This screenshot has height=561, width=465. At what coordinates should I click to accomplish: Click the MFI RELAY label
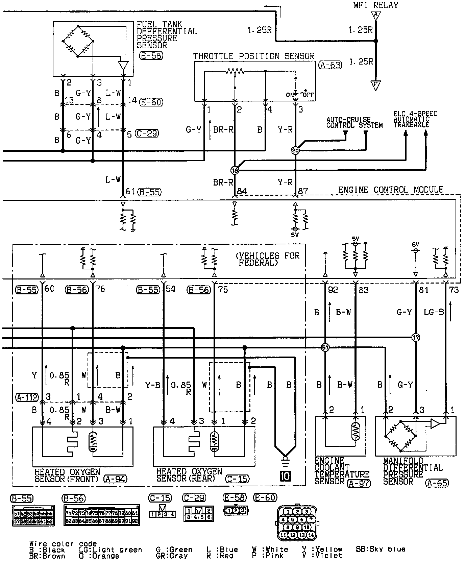[375, 5]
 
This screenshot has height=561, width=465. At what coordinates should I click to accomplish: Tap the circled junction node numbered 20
[295, 150]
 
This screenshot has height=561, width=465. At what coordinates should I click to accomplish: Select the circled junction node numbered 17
[416, 337]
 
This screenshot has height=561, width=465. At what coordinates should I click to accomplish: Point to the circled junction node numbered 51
[325, 347]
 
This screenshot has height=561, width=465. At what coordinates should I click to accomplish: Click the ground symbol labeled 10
[285, 476]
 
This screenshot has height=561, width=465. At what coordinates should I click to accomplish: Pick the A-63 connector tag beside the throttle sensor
[330, 65]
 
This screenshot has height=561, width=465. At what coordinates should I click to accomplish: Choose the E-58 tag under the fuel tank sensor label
[151, 56]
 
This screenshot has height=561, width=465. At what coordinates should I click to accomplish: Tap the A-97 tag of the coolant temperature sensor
[359, 484]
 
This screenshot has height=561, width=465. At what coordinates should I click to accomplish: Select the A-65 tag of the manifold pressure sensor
[437, 483]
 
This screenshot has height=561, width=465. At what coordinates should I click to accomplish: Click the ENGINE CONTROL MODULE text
[390, 190]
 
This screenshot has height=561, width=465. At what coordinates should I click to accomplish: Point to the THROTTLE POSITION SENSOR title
[253, 56]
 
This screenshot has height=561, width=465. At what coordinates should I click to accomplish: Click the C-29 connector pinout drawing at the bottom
[198, 514]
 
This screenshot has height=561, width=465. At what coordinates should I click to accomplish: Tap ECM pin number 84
[242, 192]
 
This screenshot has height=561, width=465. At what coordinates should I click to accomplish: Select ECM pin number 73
[455, 290]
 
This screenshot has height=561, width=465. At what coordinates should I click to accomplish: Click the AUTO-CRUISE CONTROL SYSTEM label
[354, 122]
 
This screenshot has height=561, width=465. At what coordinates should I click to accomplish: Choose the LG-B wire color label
[434, 312]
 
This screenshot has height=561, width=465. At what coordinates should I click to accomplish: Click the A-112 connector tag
[27, 397]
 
